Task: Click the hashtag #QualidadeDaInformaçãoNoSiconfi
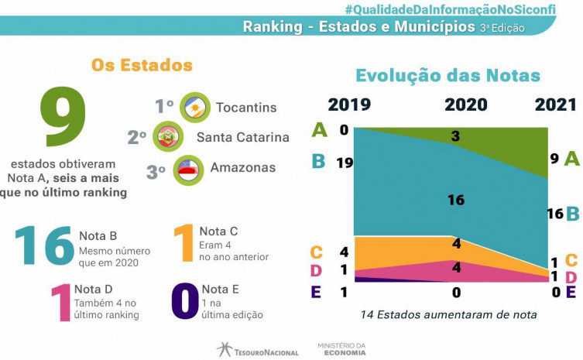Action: point(463,9)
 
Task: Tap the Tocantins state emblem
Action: point(194,107)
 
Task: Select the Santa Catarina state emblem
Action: point(167,137)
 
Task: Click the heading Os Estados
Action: point(142,65)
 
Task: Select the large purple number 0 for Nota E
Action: point(184,301)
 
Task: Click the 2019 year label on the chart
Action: point(349,105)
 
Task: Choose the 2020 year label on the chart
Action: point(465,105)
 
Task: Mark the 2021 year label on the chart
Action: point(555,105)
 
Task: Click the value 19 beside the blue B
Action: point(345,163)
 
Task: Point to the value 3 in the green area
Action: point(456,137)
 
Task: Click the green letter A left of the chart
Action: point(319,129)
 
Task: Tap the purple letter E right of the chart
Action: point(571,292)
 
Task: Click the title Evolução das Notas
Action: point(448,75)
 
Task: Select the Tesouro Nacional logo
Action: point(257,350)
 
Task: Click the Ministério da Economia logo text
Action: point(338,349)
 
